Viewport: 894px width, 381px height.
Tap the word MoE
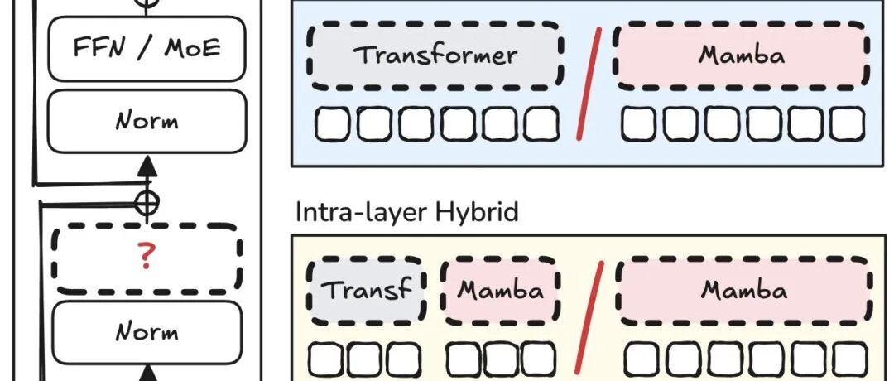[192, 48]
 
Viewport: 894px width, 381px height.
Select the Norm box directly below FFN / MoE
[147, 121]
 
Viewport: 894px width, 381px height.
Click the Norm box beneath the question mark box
[147, 332]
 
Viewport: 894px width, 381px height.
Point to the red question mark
[147, 258]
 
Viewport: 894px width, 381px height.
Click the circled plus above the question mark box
[147, 201]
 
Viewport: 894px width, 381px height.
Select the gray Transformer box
[435, 55]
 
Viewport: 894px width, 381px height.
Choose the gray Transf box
[366, 290]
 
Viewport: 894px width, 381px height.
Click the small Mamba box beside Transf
[501, 290]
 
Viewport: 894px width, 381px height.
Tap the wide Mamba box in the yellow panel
[743, 290]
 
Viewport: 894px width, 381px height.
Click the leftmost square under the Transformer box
[334, 123]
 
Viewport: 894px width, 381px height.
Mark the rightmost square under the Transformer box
[541, 123]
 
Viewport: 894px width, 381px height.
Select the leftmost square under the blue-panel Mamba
[640, 123]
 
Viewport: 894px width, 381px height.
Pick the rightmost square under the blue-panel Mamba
[847, 123]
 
